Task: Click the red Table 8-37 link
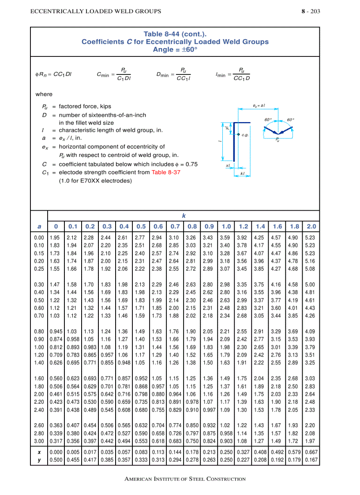(165, 172)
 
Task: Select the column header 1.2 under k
(243, 227)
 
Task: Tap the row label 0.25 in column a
(39, 268)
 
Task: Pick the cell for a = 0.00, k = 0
(56, 238)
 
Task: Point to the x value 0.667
(311, 452)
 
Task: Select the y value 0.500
(56, 460)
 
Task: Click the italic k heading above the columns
(184, 216)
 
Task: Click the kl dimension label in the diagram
(242, 173)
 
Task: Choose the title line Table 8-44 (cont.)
(175, 34)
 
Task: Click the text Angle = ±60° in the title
(175, 49)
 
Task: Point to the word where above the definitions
(44, 94)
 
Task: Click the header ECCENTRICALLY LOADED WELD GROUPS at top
(95, 11)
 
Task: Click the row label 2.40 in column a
(39, 410)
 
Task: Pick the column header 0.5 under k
(141, 227)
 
